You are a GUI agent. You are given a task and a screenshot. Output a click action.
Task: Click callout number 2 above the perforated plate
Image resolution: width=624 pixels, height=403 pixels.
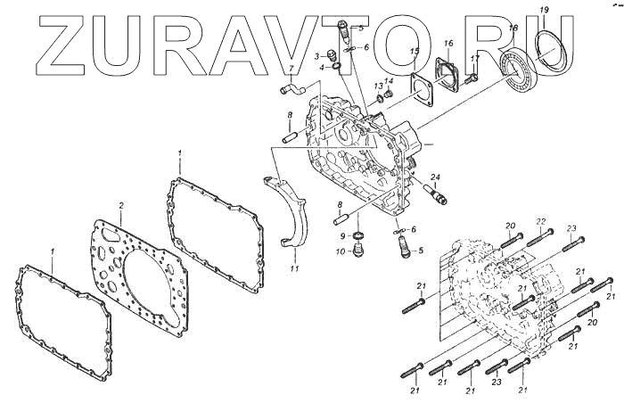tap(121, 206)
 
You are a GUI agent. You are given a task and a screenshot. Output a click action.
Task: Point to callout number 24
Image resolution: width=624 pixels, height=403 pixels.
tap(436, 177)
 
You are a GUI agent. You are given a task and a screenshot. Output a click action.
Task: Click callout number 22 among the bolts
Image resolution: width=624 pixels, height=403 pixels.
tap(540, 221)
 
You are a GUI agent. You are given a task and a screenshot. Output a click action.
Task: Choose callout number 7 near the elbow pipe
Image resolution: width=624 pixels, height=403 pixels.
tap(290, 69)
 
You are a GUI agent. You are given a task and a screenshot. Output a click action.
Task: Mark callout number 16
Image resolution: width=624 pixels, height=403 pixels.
tap(448, 43)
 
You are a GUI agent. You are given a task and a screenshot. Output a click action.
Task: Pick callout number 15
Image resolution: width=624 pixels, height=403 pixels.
tap(415, 53)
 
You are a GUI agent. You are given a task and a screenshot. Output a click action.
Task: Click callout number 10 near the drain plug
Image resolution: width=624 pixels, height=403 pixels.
tap(340, 252)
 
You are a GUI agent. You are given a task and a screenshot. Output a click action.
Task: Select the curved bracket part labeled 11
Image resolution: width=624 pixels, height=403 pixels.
tap(291, 214)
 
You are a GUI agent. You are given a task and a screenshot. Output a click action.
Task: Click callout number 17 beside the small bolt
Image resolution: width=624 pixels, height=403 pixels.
tap(475, 59)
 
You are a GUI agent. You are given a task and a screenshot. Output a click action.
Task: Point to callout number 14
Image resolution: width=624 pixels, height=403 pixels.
tap(389, 80)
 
